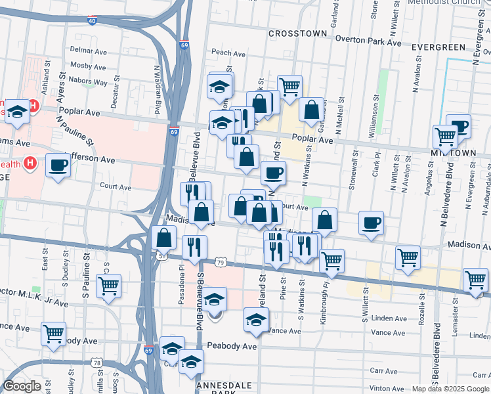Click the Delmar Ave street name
(88, 51)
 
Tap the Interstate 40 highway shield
(92, 20)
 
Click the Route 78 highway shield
(97, 362)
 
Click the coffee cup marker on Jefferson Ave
(58, 165)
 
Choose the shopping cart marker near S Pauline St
(108, 286)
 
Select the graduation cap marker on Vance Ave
(256, 319)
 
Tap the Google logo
(22, 386)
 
